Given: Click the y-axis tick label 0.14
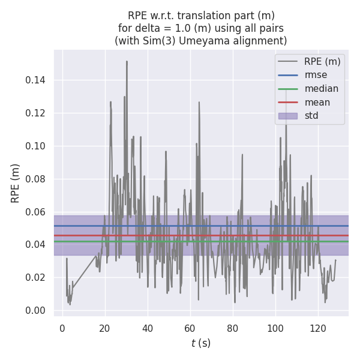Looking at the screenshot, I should click(35, 80).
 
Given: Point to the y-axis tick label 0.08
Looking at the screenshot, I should click(35, 179).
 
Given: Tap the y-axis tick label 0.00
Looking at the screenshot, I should click(35, 310).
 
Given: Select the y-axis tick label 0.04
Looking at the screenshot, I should click(35, 245).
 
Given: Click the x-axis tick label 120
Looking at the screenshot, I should click(318, 328).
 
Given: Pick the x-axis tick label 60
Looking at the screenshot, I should click(190, 328).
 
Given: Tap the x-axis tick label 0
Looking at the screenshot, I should click(62, 328).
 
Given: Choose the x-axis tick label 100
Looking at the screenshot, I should click(275, 328).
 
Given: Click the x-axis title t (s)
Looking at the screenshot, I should click(201, 343).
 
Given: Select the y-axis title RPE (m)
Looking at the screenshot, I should click(16, 183).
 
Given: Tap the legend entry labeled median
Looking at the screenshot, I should click(321, 89).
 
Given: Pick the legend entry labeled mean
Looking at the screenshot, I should click(317, 102).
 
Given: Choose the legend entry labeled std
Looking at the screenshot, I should click(311, 115).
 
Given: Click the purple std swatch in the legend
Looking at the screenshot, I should click(288, 115).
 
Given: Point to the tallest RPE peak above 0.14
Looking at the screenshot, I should click(127, 61).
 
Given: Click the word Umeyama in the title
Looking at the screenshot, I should click(214, 41).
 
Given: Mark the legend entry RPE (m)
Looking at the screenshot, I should click(322, 61).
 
